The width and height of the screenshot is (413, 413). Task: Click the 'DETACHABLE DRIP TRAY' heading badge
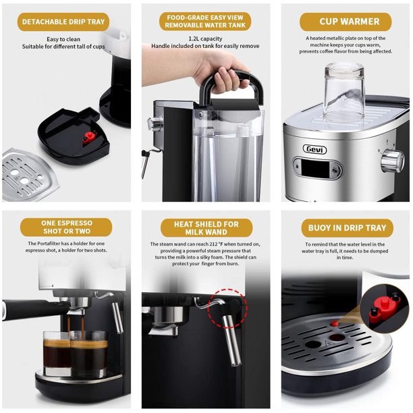point(63,22)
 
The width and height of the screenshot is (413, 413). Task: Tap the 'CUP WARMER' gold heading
point(346,22)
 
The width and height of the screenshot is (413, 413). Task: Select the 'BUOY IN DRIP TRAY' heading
point(347,228)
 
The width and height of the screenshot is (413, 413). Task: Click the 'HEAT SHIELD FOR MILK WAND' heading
point(206,228)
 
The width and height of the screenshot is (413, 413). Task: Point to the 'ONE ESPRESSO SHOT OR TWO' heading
point(66,227)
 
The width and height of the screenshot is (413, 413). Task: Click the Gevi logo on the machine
point(315,149)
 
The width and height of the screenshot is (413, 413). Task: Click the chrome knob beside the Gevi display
point(393,161)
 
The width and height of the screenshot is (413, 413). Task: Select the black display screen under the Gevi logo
point(315,169)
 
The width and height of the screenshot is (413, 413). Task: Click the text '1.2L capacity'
point(205,38)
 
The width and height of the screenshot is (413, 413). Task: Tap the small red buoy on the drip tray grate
point(335,323)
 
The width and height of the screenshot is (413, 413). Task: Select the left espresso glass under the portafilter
point(57,354)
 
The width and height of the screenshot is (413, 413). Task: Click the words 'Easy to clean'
point(63,39)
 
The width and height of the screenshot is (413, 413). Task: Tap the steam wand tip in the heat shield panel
point(236,364)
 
